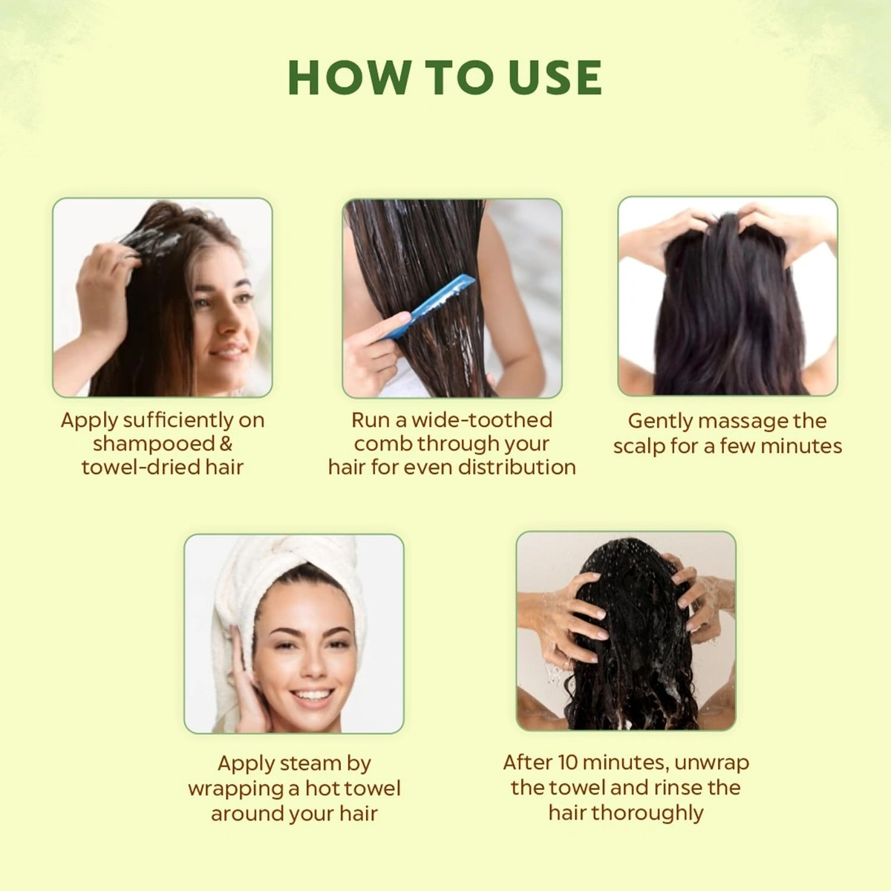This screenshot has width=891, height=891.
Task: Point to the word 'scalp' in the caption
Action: (639, 446)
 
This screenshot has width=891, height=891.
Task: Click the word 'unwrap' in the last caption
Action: (711, 763)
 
